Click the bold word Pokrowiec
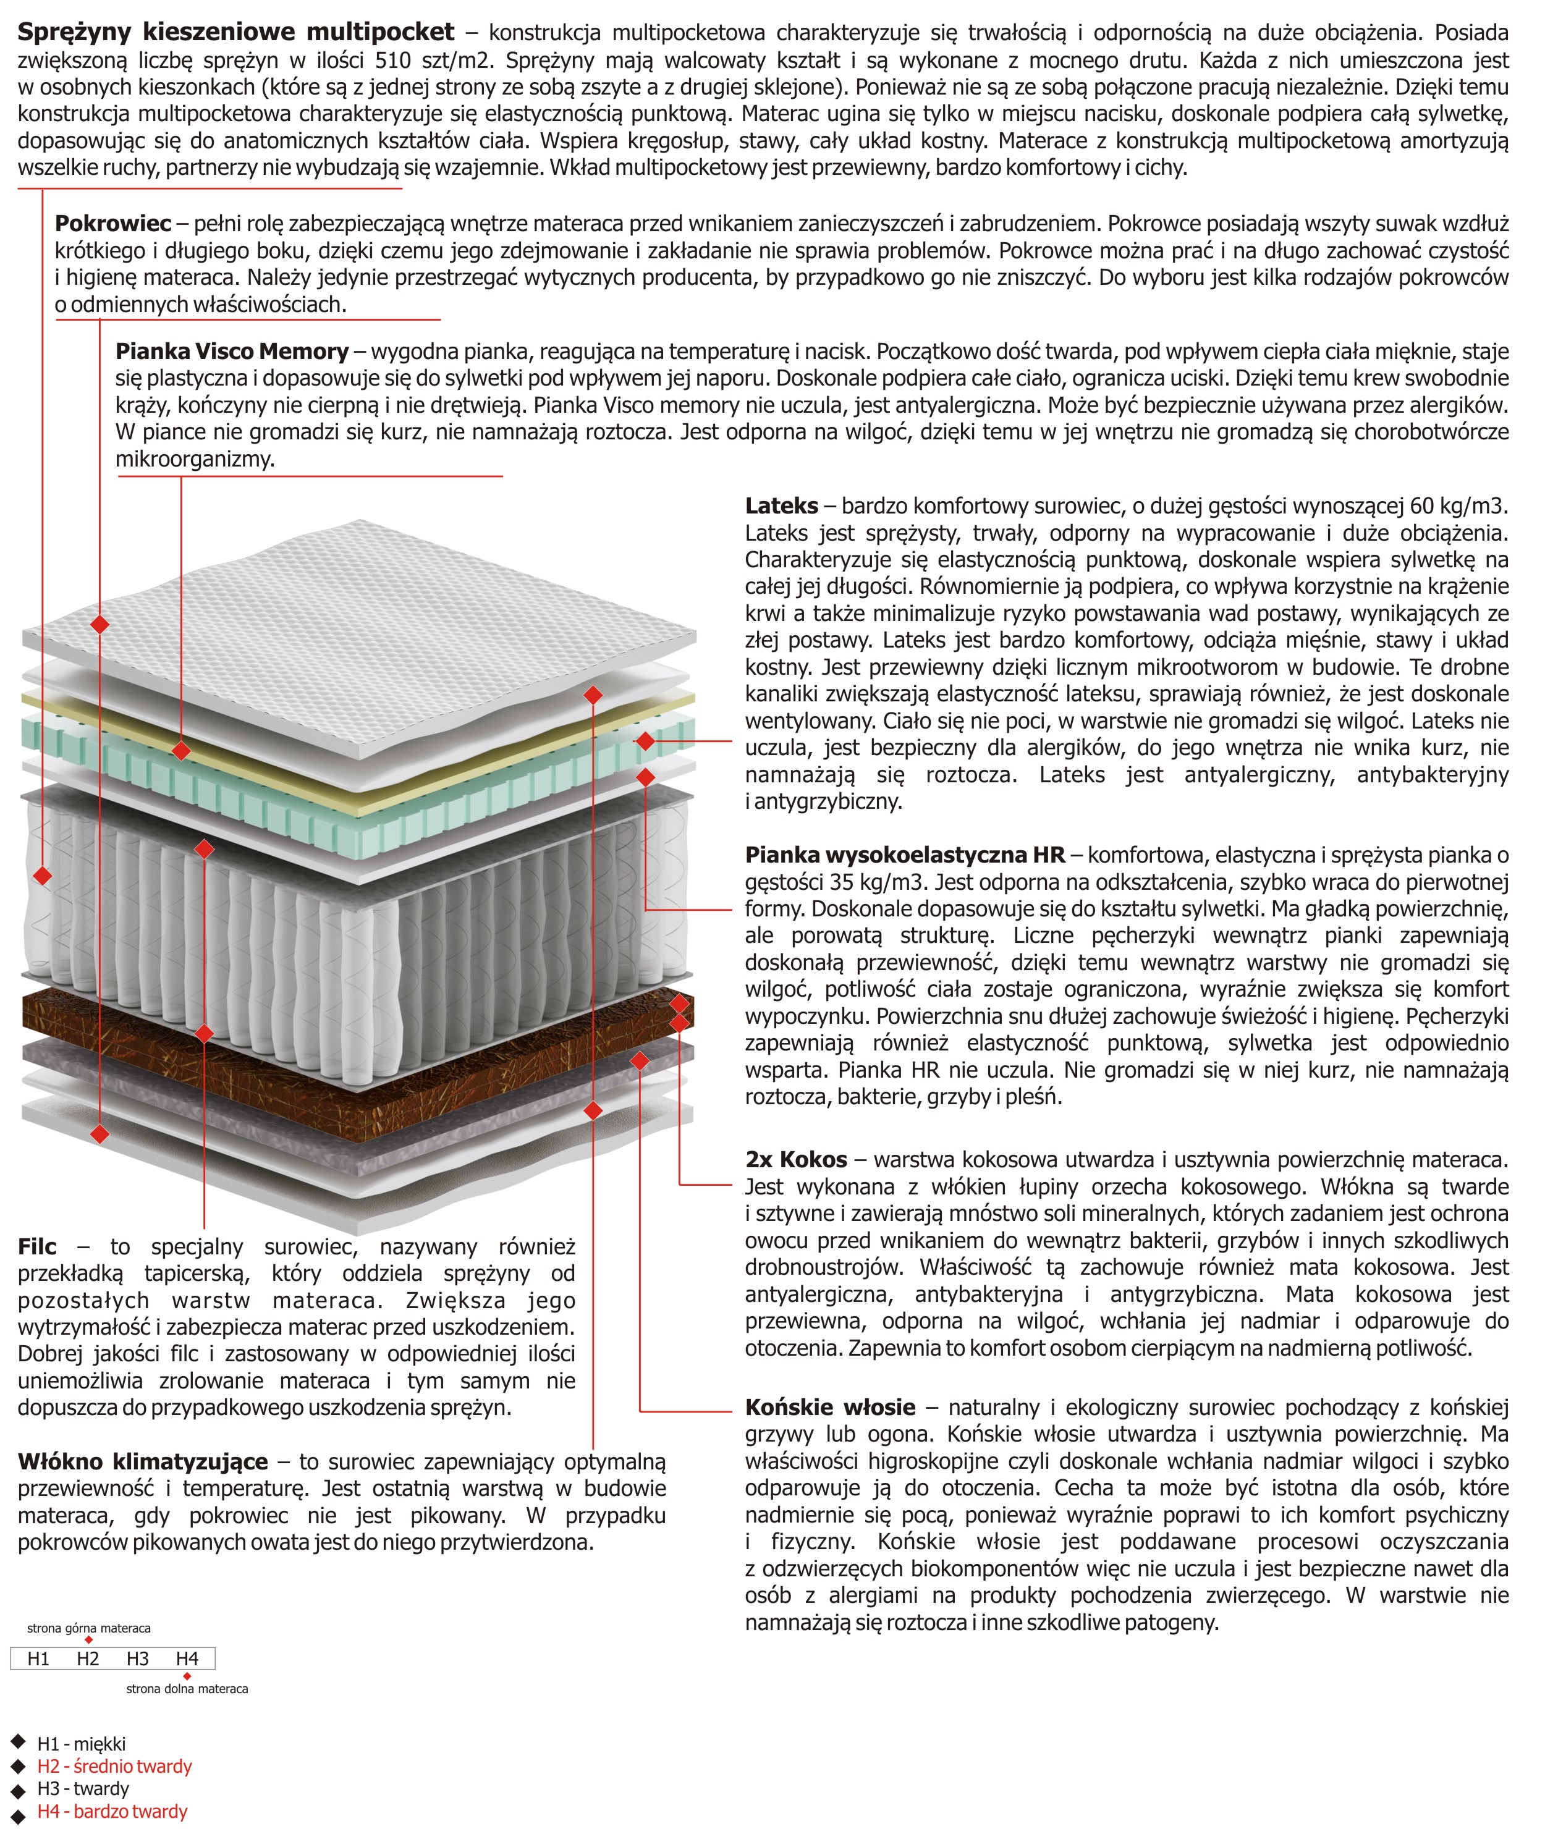[x=112, y=224]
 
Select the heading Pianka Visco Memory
[x=232, y=352]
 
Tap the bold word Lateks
[x=781, y=506]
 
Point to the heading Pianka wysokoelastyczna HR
[x=905, y=855]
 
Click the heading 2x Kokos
[x=796, y=1160]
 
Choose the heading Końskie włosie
[x=830, y=1408]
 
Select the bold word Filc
[x=37, y=1246]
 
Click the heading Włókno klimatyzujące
[x=142, y=1461]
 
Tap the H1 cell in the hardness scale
[x=38, y=1658]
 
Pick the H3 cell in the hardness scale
[x=138, y=1658]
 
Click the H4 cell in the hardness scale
[x=187, y=1658]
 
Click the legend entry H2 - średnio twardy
[x=114, y=1767]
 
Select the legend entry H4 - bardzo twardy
[x=112, y=1811]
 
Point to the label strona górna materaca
[x=88, y=1629]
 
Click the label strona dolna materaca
[x=187, y=1689]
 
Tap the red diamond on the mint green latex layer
[x=646, y=741]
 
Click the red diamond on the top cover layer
[x=100, y=625]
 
